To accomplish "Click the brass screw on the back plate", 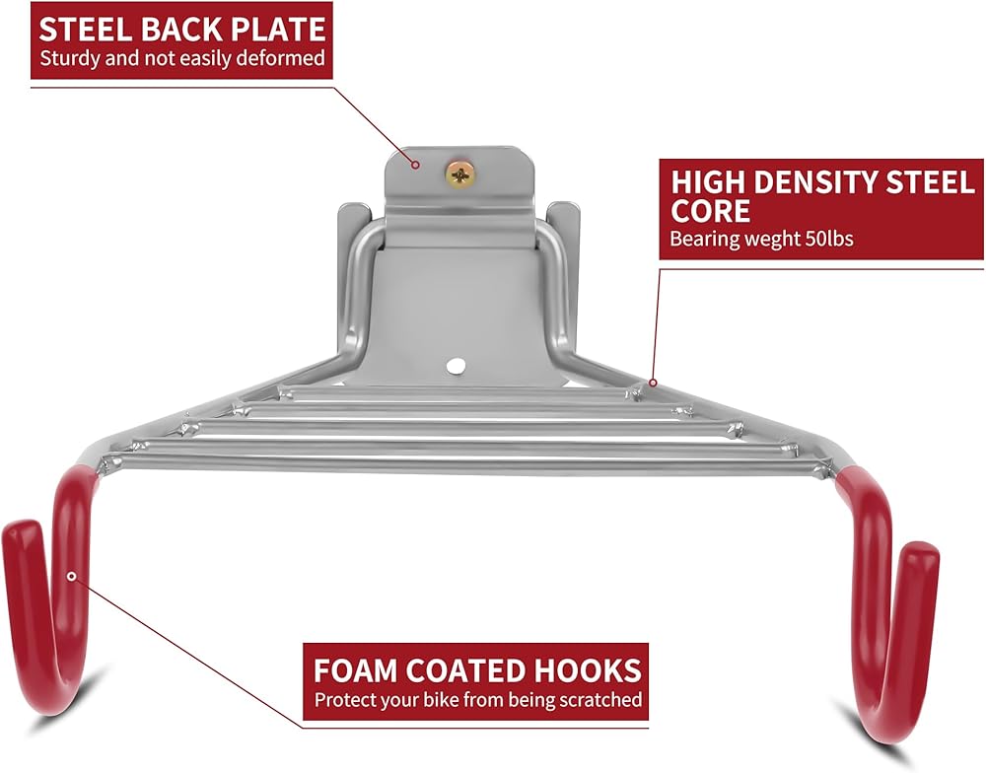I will (x=461, y=175).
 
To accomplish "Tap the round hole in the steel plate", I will (x=455, y=365).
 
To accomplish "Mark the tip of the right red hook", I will (x=921, y=555).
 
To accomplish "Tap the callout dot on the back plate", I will (x=415, y=166).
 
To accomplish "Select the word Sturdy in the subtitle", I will (x=68, y=58).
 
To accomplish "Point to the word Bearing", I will (x=700, y=239).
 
